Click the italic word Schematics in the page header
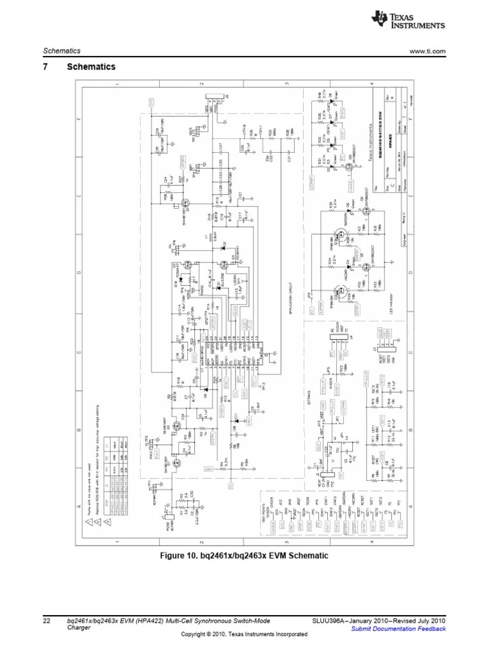pyautogui.click(x=58, y=52)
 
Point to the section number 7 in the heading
pyautogui.click(x=46, y=67)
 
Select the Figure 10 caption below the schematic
pyautogui.click(x=244, y=556)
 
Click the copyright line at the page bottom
pyautogui.click(x=244, y=635)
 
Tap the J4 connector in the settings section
pyautogui.click(x=332, y=344)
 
